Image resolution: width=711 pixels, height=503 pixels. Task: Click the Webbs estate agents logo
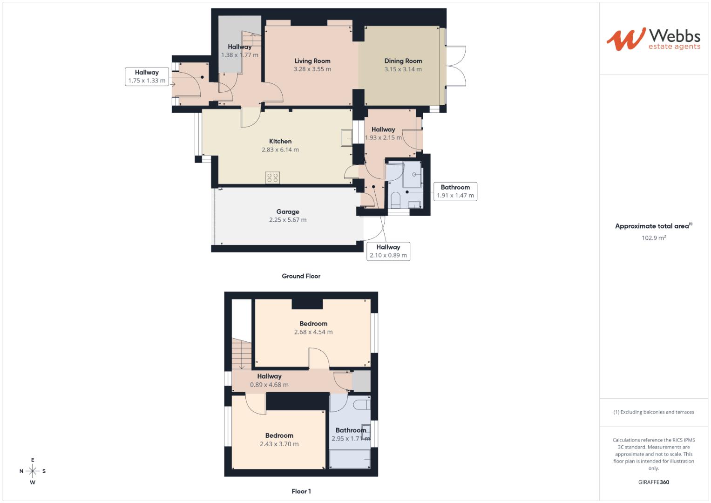[x=653, y=39]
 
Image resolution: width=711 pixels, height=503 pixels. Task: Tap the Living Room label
[x=312, y=61]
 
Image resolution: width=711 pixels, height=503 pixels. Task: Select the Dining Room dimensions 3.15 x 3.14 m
[x=403, y=69]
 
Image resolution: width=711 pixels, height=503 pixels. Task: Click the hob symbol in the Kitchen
[x=272, y=177]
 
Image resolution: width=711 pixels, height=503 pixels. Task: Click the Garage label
[x=288, y=212]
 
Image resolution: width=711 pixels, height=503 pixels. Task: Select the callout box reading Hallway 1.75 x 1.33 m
[x=147, y=76]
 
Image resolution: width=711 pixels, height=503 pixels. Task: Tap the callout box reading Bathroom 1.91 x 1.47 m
[x=455, y=191]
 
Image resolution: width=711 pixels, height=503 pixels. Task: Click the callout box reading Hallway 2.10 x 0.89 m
[x=388, y=251]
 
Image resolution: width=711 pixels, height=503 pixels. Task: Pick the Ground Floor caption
[x=301, y=276]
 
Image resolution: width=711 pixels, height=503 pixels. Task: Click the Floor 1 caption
[x=301, y=491]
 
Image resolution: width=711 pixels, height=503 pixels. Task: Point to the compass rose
[x=33, y=471]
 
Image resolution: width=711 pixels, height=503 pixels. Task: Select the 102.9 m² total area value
[x=653, y=238]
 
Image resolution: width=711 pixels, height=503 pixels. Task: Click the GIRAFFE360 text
[x=653, y=482]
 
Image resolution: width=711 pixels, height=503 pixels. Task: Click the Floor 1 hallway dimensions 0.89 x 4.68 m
[x=269, y=385]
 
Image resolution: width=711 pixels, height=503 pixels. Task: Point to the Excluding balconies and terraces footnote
[x=653, y=412]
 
